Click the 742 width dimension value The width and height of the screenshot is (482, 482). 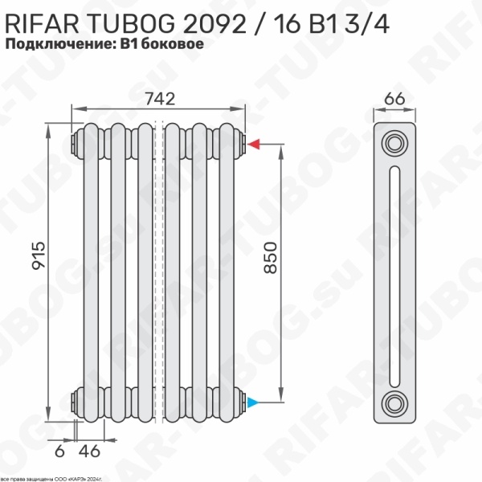[161, 96]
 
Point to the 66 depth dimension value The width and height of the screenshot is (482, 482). [394, 97]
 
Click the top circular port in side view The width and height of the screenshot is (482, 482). [394, 145]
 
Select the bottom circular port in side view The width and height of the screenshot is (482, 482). [394, 401]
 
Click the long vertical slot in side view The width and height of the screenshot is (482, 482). [394, 273]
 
